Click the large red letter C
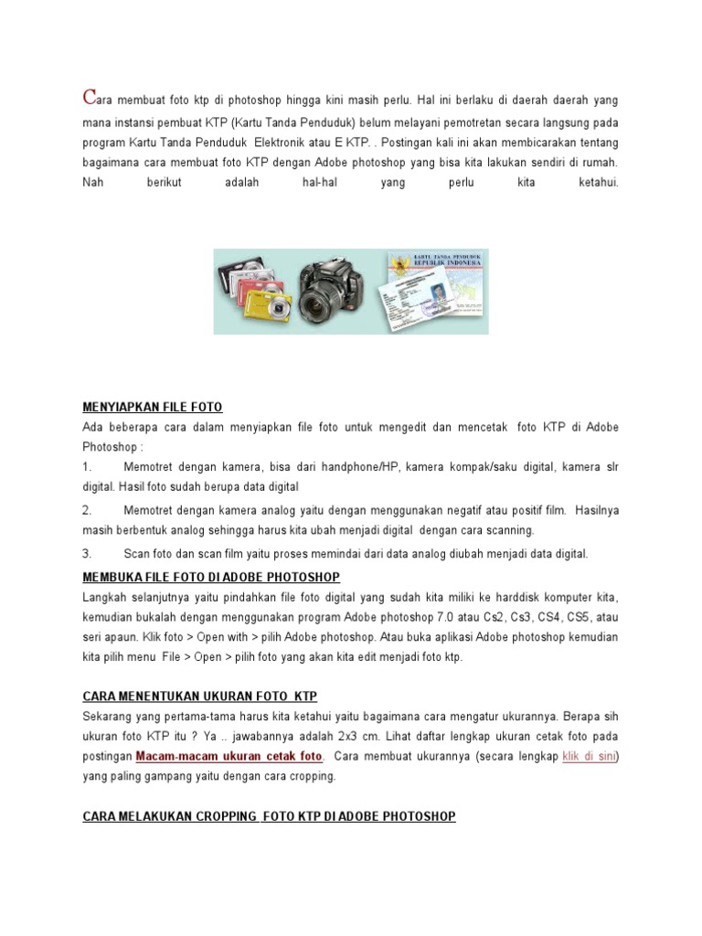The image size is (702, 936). pos(90,96)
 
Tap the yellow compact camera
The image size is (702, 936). pos(269,307)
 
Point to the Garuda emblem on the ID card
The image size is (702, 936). pos(398,268)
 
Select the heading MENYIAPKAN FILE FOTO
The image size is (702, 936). pos(153,407)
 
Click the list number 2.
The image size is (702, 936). pos(88,510)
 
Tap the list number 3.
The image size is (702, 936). pos(88,554)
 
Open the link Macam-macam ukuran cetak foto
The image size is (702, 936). pos(229,757)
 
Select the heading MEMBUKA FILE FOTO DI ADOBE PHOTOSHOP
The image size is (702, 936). pos(211,577)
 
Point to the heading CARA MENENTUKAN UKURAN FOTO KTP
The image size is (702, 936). pos(200,697)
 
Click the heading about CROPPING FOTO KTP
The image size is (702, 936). pos(269,816)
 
